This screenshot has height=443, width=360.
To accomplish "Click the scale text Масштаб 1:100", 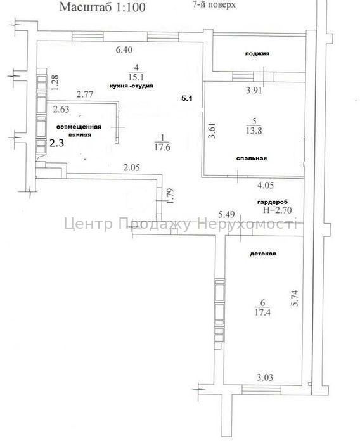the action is point(102,7).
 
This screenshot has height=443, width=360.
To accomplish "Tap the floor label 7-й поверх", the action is point(214,4).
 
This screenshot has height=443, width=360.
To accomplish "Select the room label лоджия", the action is point(257,53).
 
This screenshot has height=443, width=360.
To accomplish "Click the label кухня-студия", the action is point(131,86).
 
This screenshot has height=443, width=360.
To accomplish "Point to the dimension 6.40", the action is point(124,49).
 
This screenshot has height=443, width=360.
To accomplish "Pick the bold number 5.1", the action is point(186,98).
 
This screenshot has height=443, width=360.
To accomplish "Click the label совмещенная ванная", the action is point(79,131).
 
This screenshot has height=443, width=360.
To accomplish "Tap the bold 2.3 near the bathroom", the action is point(57,143).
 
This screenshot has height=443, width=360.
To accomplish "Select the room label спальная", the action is point(251,158).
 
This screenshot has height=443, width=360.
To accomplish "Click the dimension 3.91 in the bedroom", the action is point(254,91).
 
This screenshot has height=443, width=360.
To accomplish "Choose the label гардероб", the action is point(272,202).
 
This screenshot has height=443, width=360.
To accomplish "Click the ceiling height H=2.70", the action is point(277,210).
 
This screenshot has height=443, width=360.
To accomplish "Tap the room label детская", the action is point(263,254).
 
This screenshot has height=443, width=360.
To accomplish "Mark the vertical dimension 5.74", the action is point(295,299).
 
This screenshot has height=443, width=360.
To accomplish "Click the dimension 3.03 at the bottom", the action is point(265,378).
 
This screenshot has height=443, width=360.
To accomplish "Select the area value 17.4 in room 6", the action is point(263,312).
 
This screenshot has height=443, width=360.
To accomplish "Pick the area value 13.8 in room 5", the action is point(254,131).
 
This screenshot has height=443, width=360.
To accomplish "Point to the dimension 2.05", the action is point(132,167).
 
